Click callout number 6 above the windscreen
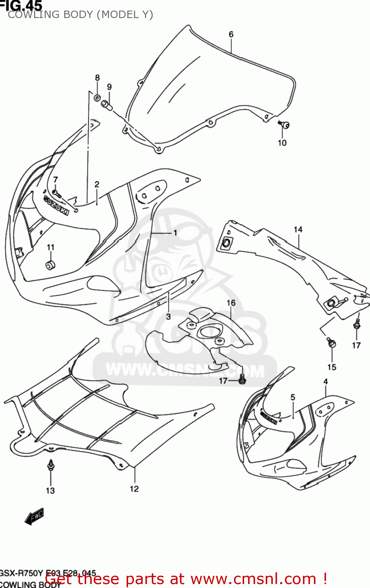point(231,34)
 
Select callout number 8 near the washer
point(97,78)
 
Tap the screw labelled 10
point(285,125)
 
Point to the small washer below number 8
point(97,97)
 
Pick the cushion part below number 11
point(50,265)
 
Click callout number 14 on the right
point(298,229)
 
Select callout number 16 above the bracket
point(231,303)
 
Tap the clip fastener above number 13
point(51,465)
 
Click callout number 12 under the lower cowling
point(134,488)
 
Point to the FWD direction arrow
point(34,516)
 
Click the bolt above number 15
point(332,343)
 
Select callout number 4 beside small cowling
point(325,381)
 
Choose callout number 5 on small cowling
point(293,397)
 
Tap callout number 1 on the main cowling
point(175,233)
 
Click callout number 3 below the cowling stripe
point(168,316)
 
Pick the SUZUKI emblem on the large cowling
point(56,205)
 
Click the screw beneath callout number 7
point(56,193)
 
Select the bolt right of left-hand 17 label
point(242,379)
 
